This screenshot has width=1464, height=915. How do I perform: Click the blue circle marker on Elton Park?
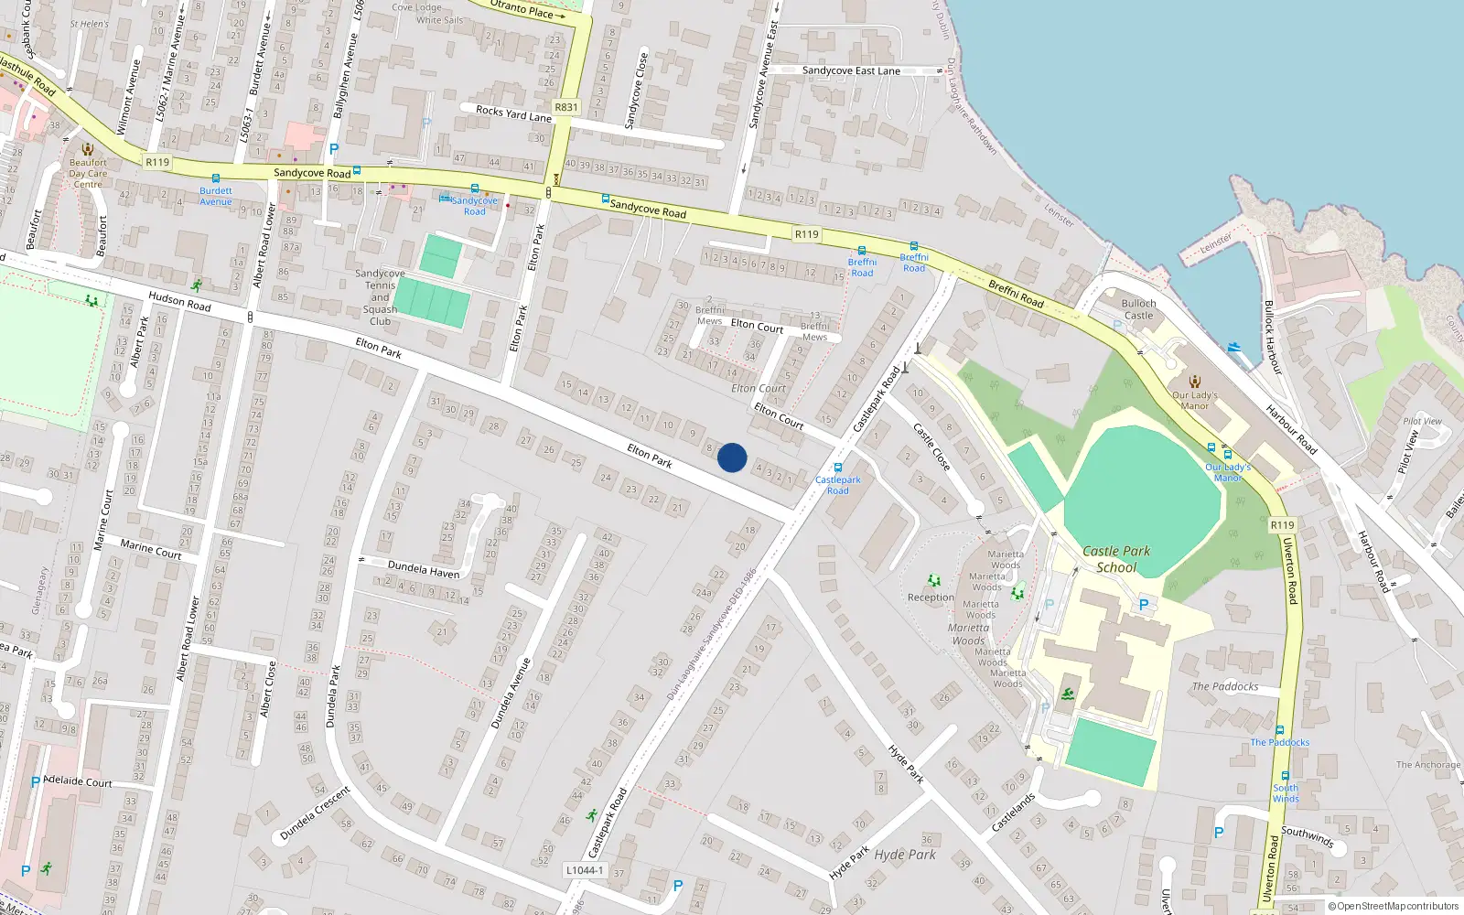pos(732,457)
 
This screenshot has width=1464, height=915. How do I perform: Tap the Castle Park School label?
pos(1116,559)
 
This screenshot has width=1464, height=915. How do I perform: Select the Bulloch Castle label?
pos(1138,309)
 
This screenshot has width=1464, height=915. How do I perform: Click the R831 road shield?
pos(566,107)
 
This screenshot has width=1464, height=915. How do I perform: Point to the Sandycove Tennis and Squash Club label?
pos(380,297)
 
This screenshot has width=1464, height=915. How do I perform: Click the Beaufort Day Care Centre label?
pos(88,173)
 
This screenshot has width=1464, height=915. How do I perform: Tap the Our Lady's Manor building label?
pos(1194,400)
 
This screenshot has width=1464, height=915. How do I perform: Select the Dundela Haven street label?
pos(424,570)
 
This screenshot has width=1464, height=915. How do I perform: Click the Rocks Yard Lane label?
pos(513,113)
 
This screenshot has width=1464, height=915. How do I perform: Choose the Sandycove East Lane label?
pos(851,70)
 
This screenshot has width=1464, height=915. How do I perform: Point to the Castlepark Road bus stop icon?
pos(837,468)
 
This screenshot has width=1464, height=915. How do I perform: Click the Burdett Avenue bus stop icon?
pos(216,179)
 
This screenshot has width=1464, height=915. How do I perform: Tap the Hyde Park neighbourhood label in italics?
pos(905,855)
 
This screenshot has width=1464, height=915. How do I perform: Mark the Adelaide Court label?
pos(78,781)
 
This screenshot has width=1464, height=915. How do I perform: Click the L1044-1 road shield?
pos(585,870)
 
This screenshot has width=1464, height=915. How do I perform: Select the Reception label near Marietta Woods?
pos(931,597)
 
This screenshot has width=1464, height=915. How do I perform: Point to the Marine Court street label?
pos(151,549)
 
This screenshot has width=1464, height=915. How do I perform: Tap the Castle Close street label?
pos(932,447)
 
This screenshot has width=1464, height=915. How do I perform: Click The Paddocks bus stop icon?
pos(1280,731)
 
